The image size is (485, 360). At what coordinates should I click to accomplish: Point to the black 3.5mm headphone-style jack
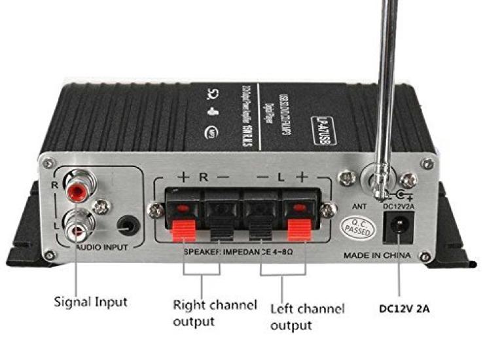(x=128, y=227)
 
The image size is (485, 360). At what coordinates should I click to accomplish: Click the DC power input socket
(x=397, y=229)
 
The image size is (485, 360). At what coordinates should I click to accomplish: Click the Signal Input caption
(x=90, y=302)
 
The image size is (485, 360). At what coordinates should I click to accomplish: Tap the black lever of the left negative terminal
(x=260, y=232)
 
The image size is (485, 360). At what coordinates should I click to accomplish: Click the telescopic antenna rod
(x=387, y=79)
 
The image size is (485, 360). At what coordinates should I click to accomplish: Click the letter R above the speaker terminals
(x=204, y=177)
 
